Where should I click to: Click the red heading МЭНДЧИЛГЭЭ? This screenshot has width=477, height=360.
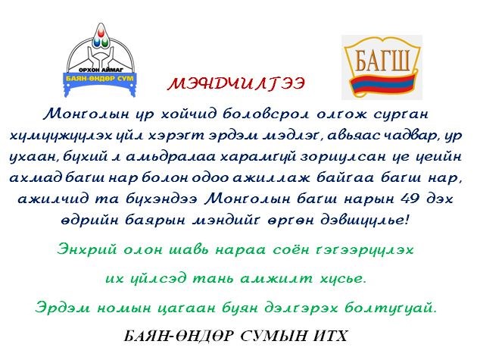(x=236, y=84)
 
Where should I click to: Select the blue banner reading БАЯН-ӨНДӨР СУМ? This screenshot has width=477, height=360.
(x=100, y=78)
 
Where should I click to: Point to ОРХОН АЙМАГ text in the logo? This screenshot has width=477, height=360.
(x=100, y=70)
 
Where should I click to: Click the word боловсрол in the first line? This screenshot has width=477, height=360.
(x=267, y=114)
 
